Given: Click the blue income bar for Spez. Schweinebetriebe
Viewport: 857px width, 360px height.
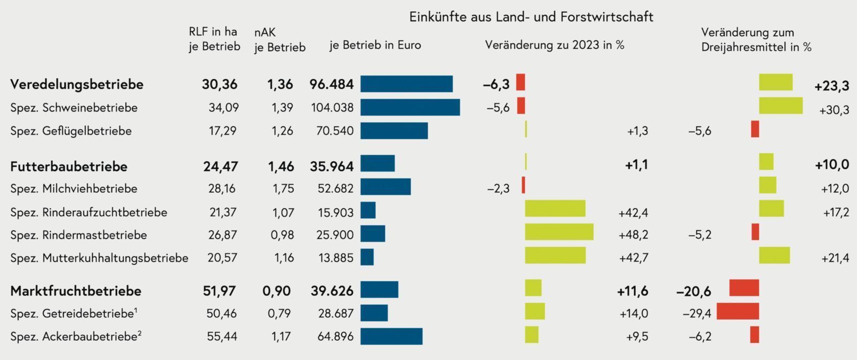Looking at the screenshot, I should tap(410, 107).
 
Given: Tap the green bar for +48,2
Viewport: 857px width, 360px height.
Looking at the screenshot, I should tap(559, 232).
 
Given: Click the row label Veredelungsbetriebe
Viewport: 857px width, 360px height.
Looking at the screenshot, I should tap(77, 84).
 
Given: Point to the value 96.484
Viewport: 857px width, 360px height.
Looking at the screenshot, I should tap(332, 84).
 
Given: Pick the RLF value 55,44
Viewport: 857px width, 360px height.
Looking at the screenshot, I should tap(222, 336).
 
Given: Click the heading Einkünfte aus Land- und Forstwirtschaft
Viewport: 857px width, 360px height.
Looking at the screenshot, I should tap(531, 17).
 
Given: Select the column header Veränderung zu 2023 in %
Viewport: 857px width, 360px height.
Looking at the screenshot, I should tap(554, 45).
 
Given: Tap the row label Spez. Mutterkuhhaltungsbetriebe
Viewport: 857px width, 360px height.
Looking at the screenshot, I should tap(99, 258).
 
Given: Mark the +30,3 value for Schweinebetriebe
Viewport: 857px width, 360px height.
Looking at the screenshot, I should tap(834, 110).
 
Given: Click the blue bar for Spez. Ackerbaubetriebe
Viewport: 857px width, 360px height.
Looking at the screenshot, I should tap(391, 336).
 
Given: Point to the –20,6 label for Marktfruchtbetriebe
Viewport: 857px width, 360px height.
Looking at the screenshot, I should tap(694, 291).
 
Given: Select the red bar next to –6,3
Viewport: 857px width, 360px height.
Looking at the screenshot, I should tap(520, 82).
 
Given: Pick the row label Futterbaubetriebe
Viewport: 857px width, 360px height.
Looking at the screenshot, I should tap(69, 166).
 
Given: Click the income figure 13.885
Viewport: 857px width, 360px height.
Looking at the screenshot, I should tap(336, 258).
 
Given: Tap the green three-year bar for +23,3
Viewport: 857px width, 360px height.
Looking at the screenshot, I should tap(776, 82).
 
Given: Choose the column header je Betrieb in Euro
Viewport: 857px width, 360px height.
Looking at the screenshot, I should tap(375, 45).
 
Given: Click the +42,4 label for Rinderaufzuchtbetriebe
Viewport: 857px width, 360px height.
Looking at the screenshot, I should tap(633, 213).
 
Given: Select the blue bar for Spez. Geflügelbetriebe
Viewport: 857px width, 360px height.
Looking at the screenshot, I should tap(394, 131).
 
